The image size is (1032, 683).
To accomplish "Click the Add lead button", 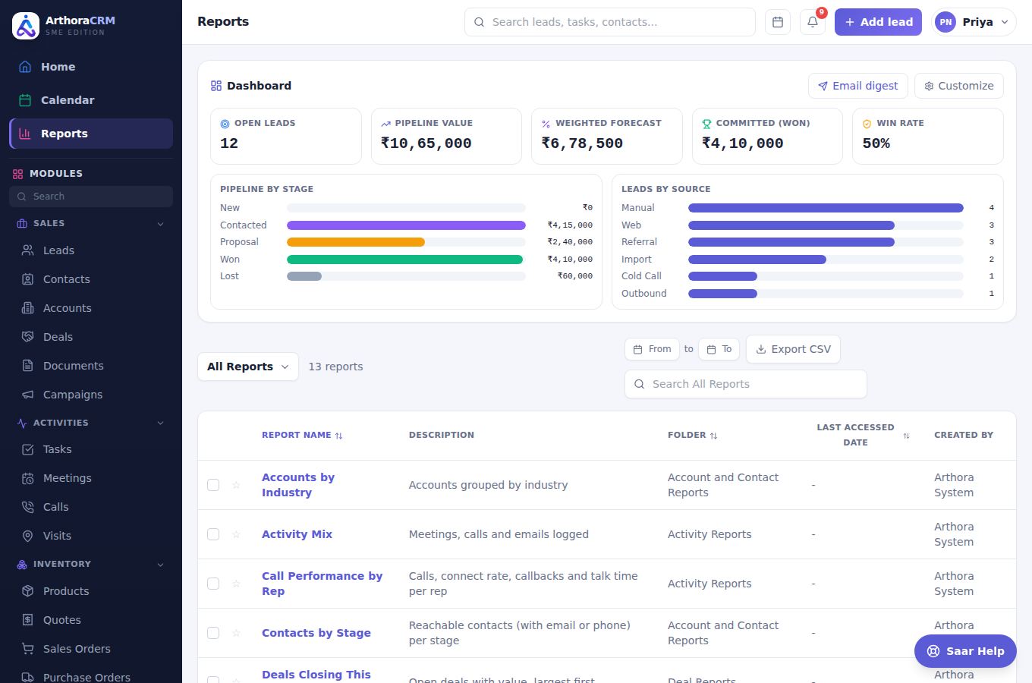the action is coord(878,22).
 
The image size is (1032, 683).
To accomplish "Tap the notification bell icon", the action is coord(812,22).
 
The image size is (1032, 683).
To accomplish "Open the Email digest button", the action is coord(857,86).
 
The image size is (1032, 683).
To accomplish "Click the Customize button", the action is coord(958,86).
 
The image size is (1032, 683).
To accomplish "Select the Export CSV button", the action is coord(793,349).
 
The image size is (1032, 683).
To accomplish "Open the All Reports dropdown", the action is coord(248,367).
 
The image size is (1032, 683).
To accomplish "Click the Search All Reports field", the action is coord(745,384).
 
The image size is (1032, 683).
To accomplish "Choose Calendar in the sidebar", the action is coord(68,100).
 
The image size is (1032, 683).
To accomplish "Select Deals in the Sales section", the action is coord(58,337).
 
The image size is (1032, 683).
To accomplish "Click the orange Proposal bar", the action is coord(356,242).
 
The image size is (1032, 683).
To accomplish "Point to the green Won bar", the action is coord(404,260).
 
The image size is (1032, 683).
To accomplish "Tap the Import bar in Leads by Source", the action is coord(757,260).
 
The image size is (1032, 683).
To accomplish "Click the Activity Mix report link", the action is coord(297,534).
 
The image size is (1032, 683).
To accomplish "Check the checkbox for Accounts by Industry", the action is coord(213,485).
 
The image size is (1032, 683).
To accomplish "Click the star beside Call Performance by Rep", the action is coord(236,584).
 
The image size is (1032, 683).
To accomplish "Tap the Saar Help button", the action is coord(965,651).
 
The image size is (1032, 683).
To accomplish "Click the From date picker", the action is coord(652,349).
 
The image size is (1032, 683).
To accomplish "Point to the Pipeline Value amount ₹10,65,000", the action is coord(426,143).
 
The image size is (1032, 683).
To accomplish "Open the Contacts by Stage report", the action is coord(316,633).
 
